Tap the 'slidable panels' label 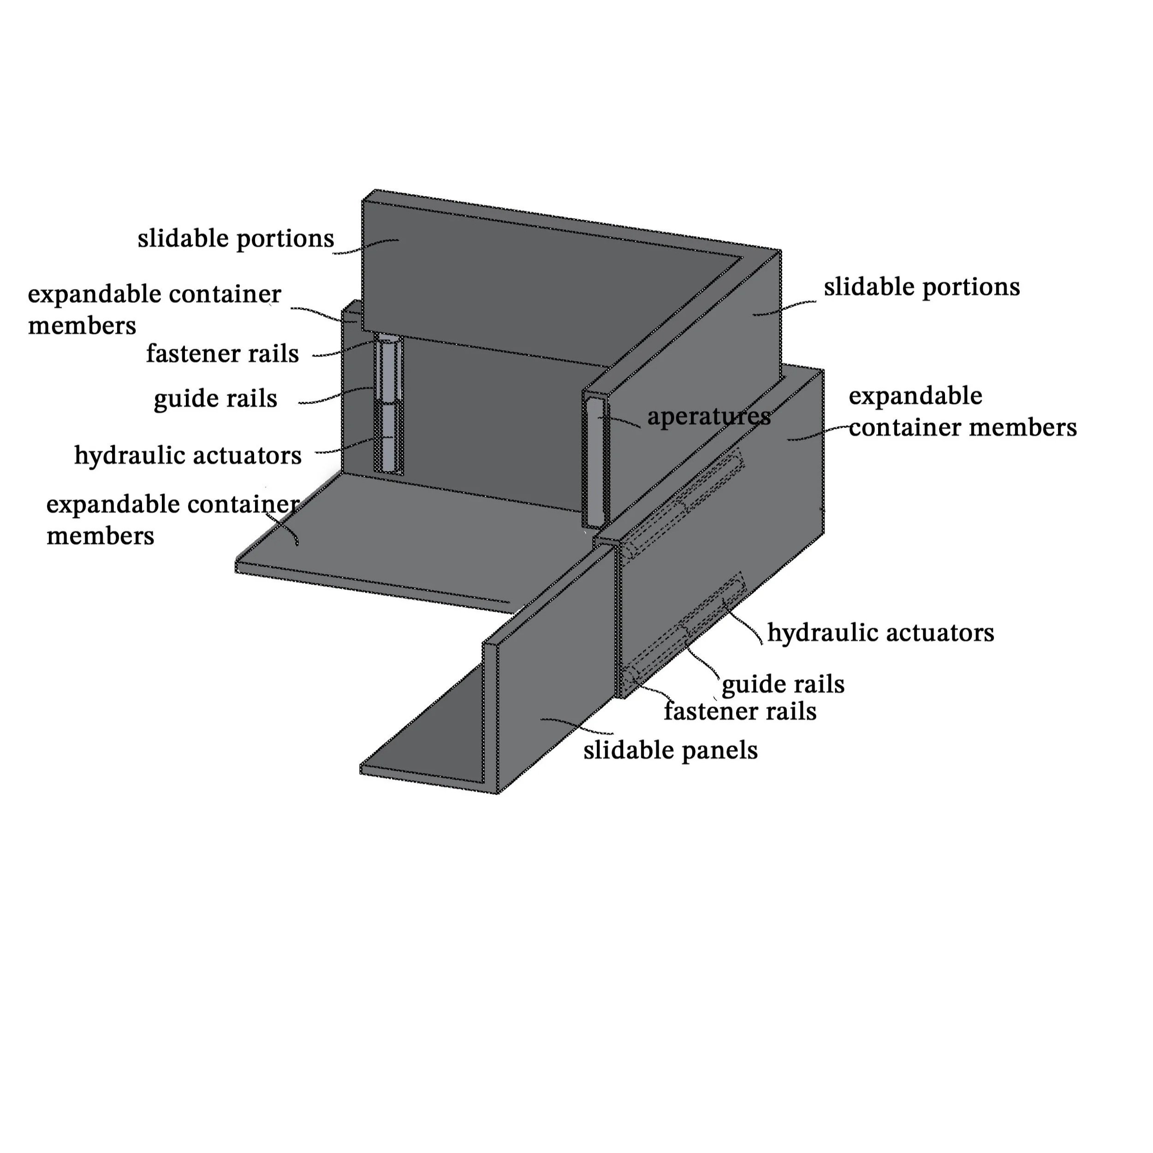670,751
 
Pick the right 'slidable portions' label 921,287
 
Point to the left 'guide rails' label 215,398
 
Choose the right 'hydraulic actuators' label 880,633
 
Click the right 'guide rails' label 782,684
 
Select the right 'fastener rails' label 740,711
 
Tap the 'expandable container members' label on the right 962,412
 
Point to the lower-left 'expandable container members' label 172,520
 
